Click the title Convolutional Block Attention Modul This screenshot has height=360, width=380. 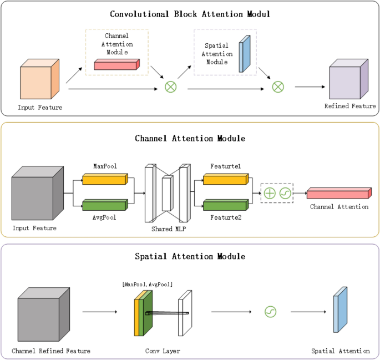coord(190,14)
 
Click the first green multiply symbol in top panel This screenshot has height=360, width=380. coord(171,87)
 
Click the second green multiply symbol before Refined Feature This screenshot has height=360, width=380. coord(277,87)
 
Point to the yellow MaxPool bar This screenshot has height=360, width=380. coord(105,179)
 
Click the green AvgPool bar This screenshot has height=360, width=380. coord(105,205)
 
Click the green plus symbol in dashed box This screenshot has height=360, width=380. coord(269,193)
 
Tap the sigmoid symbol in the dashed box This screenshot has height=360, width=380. coord(285,193)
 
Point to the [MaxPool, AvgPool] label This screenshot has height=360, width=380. coord(147,284)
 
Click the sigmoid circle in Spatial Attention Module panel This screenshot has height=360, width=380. coord(270,312)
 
